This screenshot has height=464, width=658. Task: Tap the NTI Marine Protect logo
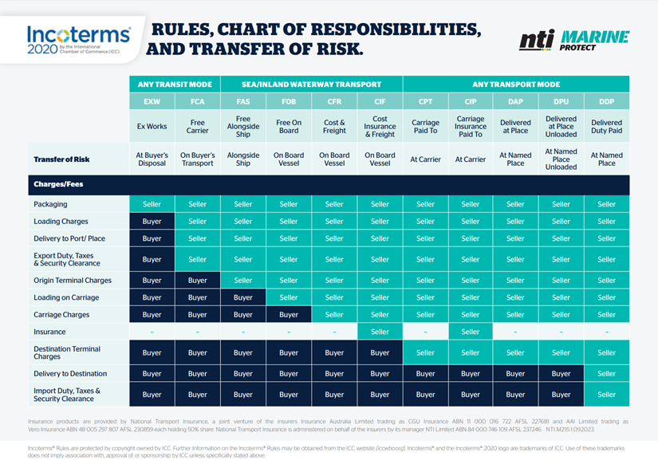(x=573, y=40)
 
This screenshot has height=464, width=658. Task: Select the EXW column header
(x=152, y=102)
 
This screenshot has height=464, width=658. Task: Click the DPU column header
(x=561, y=102)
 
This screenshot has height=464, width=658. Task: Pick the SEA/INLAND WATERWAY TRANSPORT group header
(x=311, y=84)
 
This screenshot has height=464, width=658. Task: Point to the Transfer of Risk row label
(x=61, y=159)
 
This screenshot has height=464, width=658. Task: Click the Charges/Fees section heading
(x=58, y=184)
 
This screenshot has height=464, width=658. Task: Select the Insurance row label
(x=49, y=332)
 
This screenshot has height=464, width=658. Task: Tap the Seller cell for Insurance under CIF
(x=380, y=332)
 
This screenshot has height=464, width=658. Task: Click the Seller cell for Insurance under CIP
(x=471, y=332)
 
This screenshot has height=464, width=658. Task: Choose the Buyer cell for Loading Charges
(x=152, y=222)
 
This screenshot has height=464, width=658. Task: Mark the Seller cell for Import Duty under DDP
(x=606, y=394)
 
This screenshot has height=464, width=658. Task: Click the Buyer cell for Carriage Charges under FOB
(x=289, y=315)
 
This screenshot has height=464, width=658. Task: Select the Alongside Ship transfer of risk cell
(x=243, y=159)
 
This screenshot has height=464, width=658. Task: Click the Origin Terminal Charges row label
(x=73, y=281)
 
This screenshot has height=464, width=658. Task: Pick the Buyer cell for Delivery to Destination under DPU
(x=561, y=373)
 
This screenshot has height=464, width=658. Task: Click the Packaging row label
(x=51, y=205)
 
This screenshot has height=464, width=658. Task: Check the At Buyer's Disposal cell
(x=152, y=159)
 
